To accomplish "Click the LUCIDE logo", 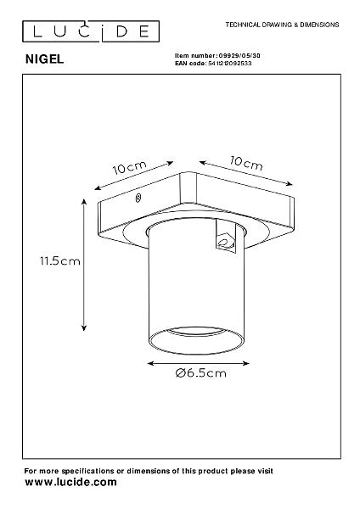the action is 91,31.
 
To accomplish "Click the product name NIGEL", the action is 44,59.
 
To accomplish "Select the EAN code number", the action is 229,64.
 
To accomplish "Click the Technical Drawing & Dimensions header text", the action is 283,25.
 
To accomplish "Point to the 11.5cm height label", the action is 60,260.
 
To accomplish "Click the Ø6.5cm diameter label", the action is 200,373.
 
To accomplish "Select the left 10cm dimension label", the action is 129,167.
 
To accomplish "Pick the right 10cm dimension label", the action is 246,163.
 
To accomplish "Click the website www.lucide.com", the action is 70,482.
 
